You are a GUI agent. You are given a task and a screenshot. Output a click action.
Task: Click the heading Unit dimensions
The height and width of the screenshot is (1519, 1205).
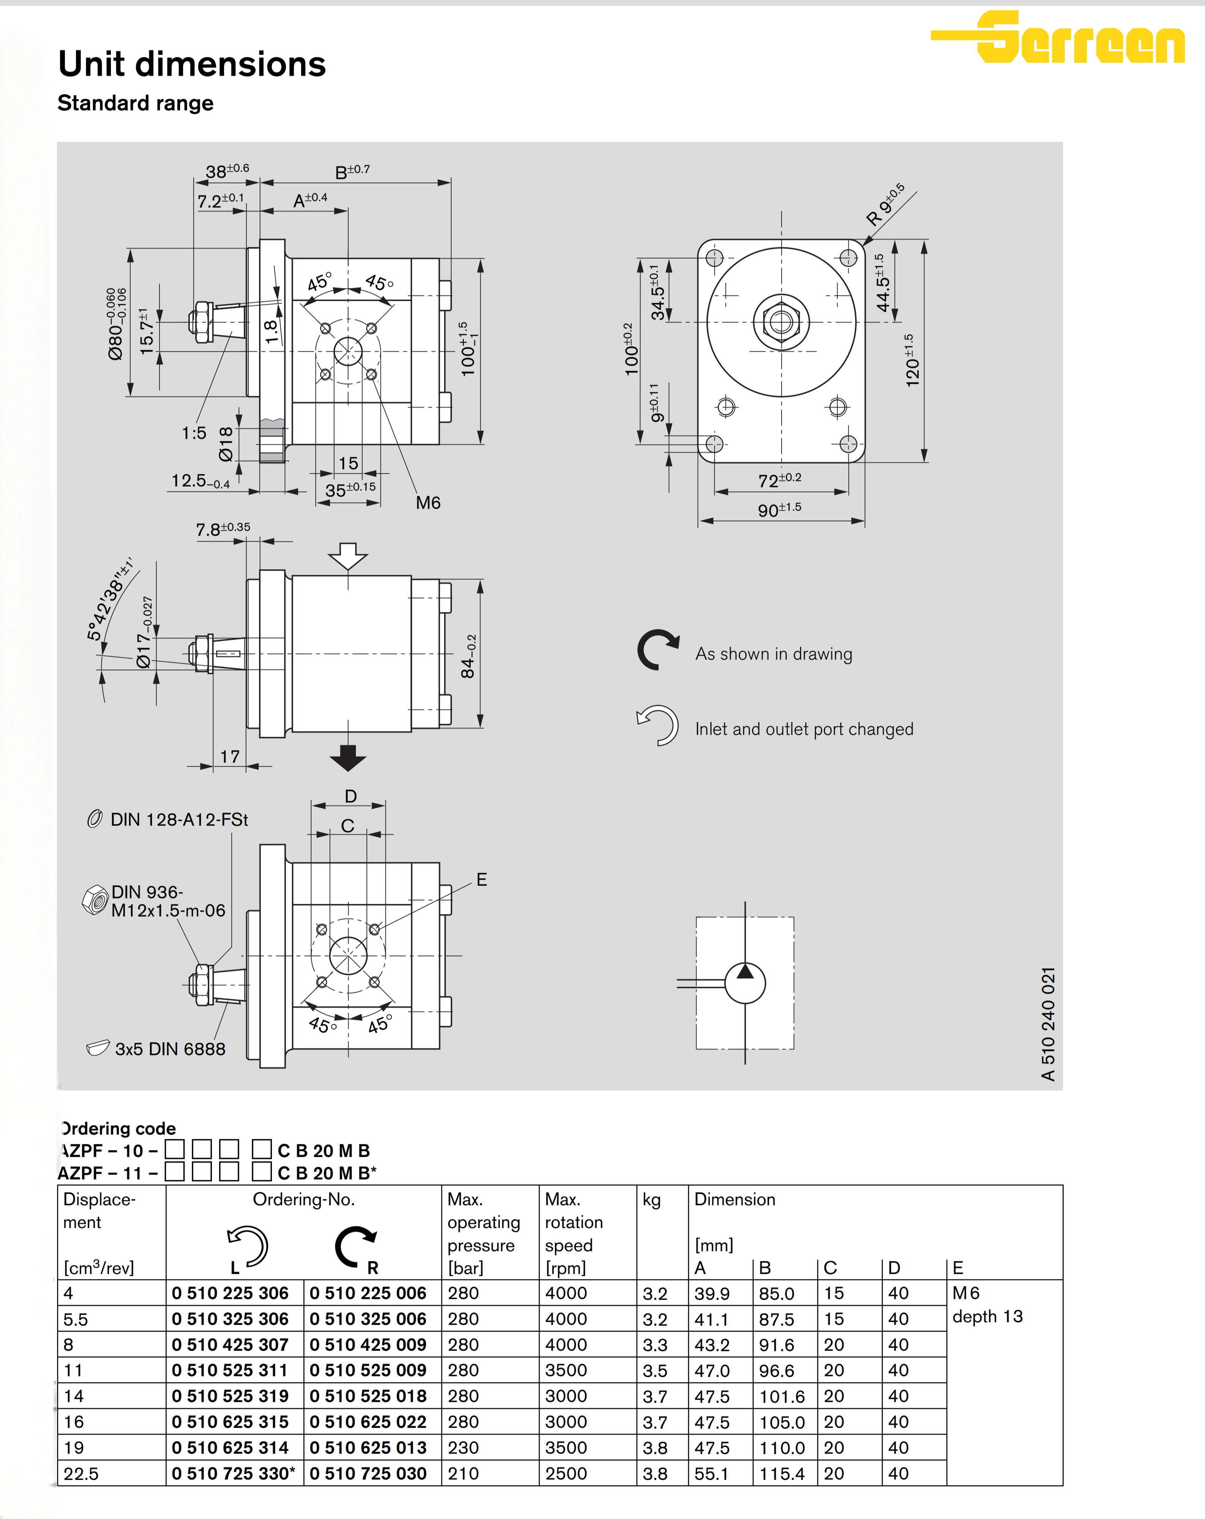pos(191,64)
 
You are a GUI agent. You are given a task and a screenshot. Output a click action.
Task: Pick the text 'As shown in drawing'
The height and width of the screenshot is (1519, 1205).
pos(773,654)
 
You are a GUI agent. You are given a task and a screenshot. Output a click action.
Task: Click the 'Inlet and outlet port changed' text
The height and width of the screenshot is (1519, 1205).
pos(804,729)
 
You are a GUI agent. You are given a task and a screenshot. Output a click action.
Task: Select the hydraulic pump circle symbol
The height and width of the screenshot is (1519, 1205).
pos(745,983)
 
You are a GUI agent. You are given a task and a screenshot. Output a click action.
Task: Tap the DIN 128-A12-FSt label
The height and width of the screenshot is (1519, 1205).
pos(179,820)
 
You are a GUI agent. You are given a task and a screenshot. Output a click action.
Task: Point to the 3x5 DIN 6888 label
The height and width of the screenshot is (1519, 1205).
pos(170,1049)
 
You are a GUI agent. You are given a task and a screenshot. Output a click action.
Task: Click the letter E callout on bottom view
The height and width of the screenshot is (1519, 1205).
pos(482,879)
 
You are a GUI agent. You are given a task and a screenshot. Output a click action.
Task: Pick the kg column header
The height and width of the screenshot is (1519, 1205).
pos(651,1200)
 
